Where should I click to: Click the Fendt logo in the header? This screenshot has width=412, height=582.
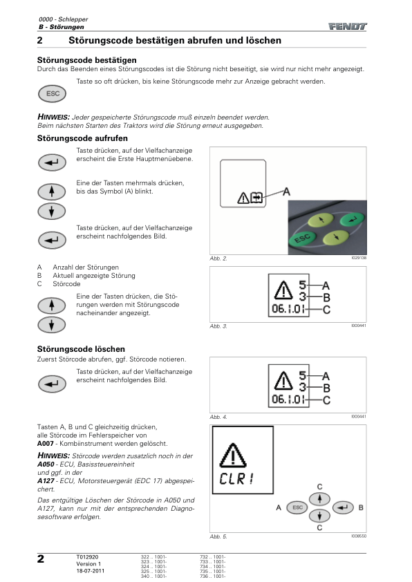coord(348,26)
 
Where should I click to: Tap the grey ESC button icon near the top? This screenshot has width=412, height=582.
coord(52,93)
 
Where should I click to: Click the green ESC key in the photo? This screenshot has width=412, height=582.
coord(302,238)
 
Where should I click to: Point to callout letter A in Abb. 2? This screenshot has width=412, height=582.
coord(286,192)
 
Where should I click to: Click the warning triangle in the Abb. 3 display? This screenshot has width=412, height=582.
coord(283,290)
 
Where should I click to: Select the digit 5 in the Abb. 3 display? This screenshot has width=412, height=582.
coord(303,285)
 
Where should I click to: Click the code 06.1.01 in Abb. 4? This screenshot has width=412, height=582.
coord(288,400)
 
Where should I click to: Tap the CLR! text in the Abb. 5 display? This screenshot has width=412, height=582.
coord(236,478)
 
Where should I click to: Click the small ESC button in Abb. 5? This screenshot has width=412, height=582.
coord(297,507)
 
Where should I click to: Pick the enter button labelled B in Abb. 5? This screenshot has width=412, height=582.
coord(343,507)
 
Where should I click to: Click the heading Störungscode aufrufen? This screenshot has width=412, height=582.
coord(82,138)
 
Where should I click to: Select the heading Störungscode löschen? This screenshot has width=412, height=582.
coord(81,349)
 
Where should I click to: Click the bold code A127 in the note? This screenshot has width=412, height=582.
coord(46,481)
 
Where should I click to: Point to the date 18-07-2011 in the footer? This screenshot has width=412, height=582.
coord(90,571)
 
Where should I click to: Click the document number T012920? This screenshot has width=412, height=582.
coord(87,556)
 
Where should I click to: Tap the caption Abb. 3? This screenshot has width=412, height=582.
coord(218,326)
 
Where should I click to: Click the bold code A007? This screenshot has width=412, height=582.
coord(46,444)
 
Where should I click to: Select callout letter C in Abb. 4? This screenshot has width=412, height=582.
coord(326,400)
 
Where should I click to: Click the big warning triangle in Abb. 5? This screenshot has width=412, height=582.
coord(233,455)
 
